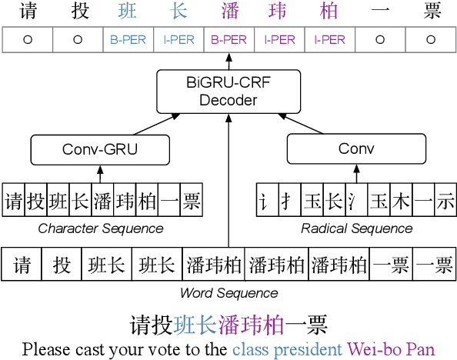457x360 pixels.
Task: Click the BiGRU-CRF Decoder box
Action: [x=228, y=92]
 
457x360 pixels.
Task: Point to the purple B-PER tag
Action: [x=228, y=40]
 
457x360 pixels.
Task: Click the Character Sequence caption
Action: [x=101, y=228]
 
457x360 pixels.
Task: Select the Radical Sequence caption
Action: [x=355, y=228]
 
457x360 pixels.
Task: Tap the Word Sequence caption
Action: [x=228, y=293]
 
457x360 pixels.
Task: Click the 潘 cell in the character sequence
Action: [x=102, y=202]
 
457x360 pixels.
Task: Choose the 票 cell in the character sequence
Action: [x=192, y=202]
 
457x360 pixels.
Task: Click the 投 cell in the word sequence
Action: [x=62, y=265]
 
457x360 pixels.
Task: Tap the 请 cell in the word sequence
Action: [x=22, y=265]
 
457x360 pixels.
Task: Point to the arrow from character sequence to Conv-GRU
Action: [x=100, y=173]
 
